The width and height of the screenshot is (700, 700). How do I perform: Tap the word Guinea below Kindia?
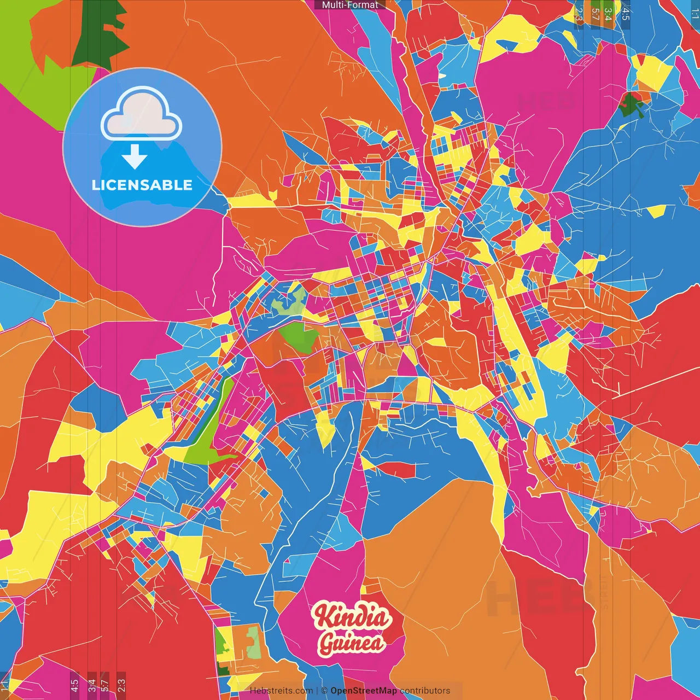pyautogui.click(x=352, y=643)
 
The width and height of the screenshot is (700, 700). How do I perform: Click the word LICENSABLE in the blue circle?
pyautogui.click(x=142, y=185)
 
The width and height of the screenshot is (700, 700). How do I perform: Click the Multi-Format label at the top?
pyautogui.click(x=349, y=5)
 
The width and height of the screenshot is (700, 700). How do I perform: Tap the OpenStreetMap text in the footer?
pyautogui.click(x=363, y=691)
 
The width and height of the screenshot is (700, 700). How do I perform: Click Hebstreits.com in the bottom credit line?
pyautogui.click(x=281, y=691)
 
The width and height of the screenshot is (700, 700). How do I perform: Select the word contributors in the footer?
pyautogui.click(x=424, y=691)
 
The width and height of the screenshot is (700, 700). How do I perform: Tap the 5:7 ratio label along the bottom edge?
pyautogui.click(x=105, y=685)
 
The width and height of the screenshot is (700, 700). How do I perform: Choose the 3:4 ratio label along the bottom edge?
pyautogui.click(x=92, y=685)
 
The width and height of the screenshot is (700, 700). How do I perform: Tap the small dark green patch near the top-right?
pyautogui.click(x=632, y=104)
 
